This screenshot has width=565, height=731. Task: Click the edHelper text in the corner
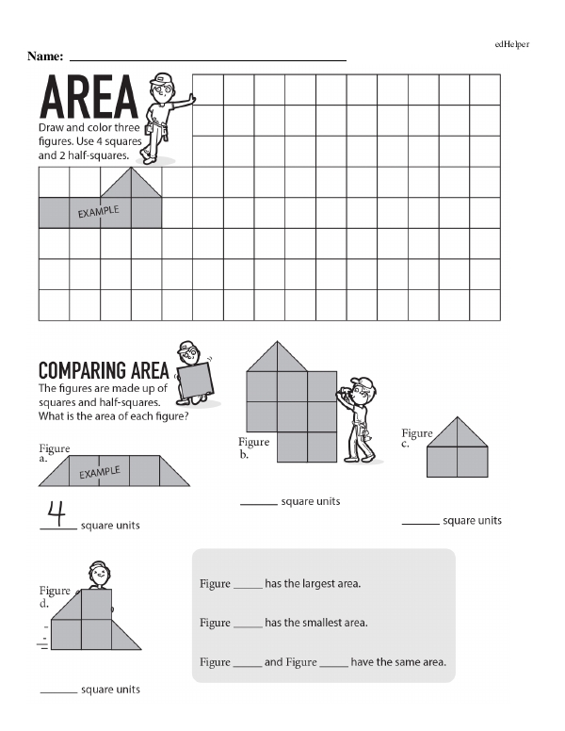click(512, 44)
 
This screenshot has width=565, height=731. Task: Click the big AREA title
click(89, 98)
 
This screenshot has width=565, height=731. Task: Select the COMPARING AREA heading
click(103, 370)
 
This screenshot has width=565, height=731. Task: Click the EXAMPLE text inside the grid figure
click(98, 212)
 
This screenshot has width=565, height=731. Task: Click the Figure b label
click(253, 447)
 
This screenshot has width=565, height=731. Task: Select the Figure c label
click(416, 438)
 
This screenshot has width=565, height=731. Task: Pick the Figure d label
click(55, 596)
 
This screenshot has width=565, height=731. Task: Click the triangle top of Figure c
click(457, 432)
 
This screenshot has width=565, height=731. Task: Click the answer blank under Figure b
click(258, 505)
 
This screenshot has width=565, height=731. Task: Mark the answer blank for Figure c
click(420, 524)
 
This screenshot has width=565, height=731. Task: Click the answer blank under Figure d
click(58, 693)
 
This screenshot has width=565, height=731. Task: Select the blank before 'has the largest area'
click(247, 586)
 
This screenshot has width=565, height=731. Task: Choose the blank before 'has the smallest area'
click(247, 625)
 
